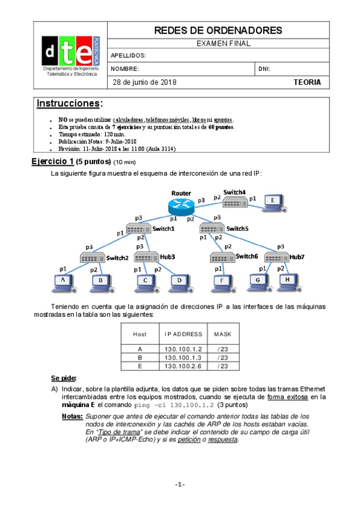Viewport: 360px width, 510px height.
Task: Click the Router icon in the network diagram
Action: pos(181,206)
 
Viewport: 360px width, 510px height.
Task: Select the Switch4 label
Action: pos(234,192)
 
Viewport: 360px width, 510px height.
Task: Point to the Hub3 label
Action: pos(168,257)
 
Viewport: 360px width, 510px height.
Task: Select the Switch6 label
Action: pos(246,256)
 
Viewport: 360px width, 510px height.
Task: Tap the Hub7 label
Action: pos(297,257)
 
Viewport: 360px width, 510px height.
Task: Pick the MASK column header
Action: pos(222,334)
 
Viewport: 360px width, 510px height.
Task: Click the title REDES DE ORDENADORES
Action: pos(218,30)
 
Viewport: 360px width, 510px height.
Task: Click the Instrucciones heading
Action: pos(69,103)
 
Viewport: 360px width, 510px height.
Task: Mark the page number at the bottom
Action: pos(180,484)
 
